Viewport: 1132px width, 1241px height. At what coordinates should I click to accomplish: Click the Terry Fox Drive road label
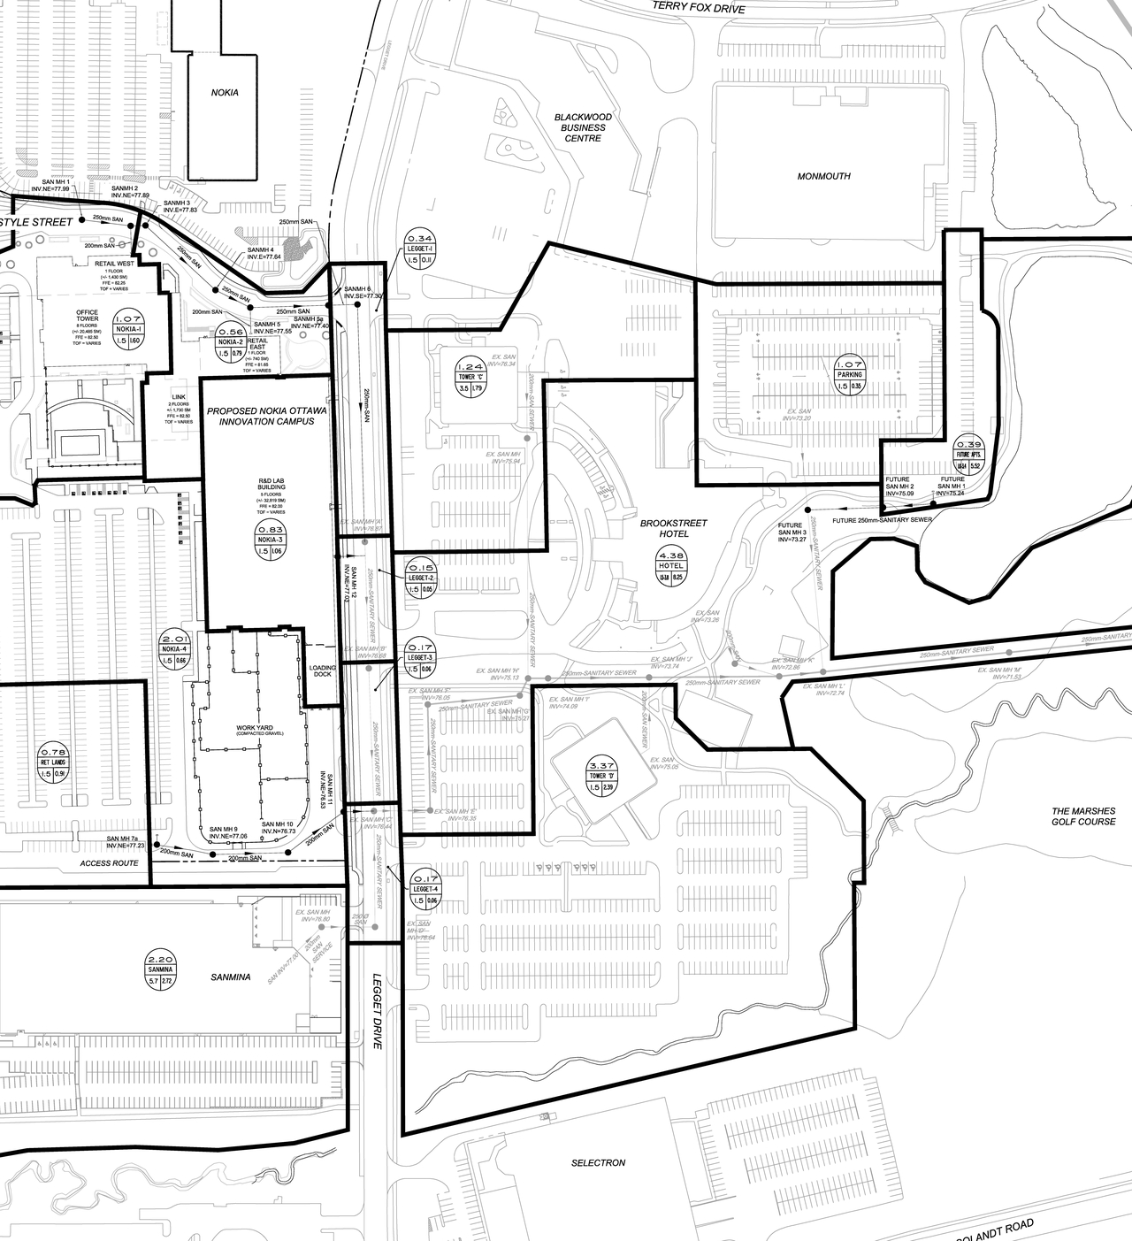tap(699, 9)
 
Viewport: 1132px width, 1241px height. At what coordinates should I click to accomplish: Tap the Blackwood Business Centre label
tap(580, 127)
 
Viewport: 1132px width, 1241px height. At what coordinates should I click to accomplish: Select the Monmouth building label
tap(823, 176)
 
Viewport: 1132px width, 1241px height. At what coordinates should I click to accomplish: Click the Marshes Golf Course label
tap(1083, 816)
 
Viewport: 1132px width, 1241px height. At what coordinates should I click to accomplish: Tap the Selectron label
tap(598, 1162)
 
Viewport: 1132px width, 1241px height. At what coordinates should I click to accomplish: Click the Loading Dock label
tap(323, 671)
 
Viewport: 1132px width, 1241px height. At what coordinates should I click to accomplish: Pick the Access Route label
tap(109, 862)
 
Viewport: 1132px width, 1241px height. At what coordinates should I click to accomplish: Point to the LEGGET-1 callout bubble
tap(419, 249)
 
